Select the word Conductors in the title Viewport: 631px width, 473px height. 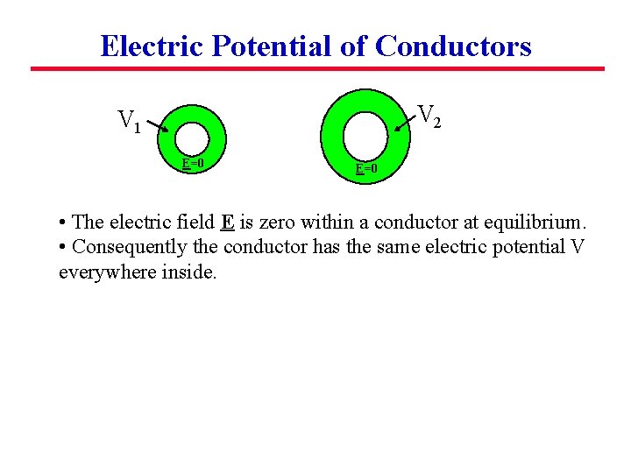pyautogui.click(x=453, y=46)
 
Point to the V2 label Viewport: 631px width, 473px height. pyautogui.click(x=429, y=115)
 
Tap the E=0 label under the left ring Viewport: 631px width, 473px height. pyautogui.click(x=193, y=163)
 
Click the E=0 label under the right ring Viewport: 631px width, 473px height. pyautogui.click(x=366, y=167)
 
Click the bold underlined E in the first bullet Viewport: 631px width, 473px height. pyautogui.click(x=227, y=222)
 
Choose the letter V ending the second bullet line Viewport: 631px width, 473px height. pyautogui.click(x=577, y=247)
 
